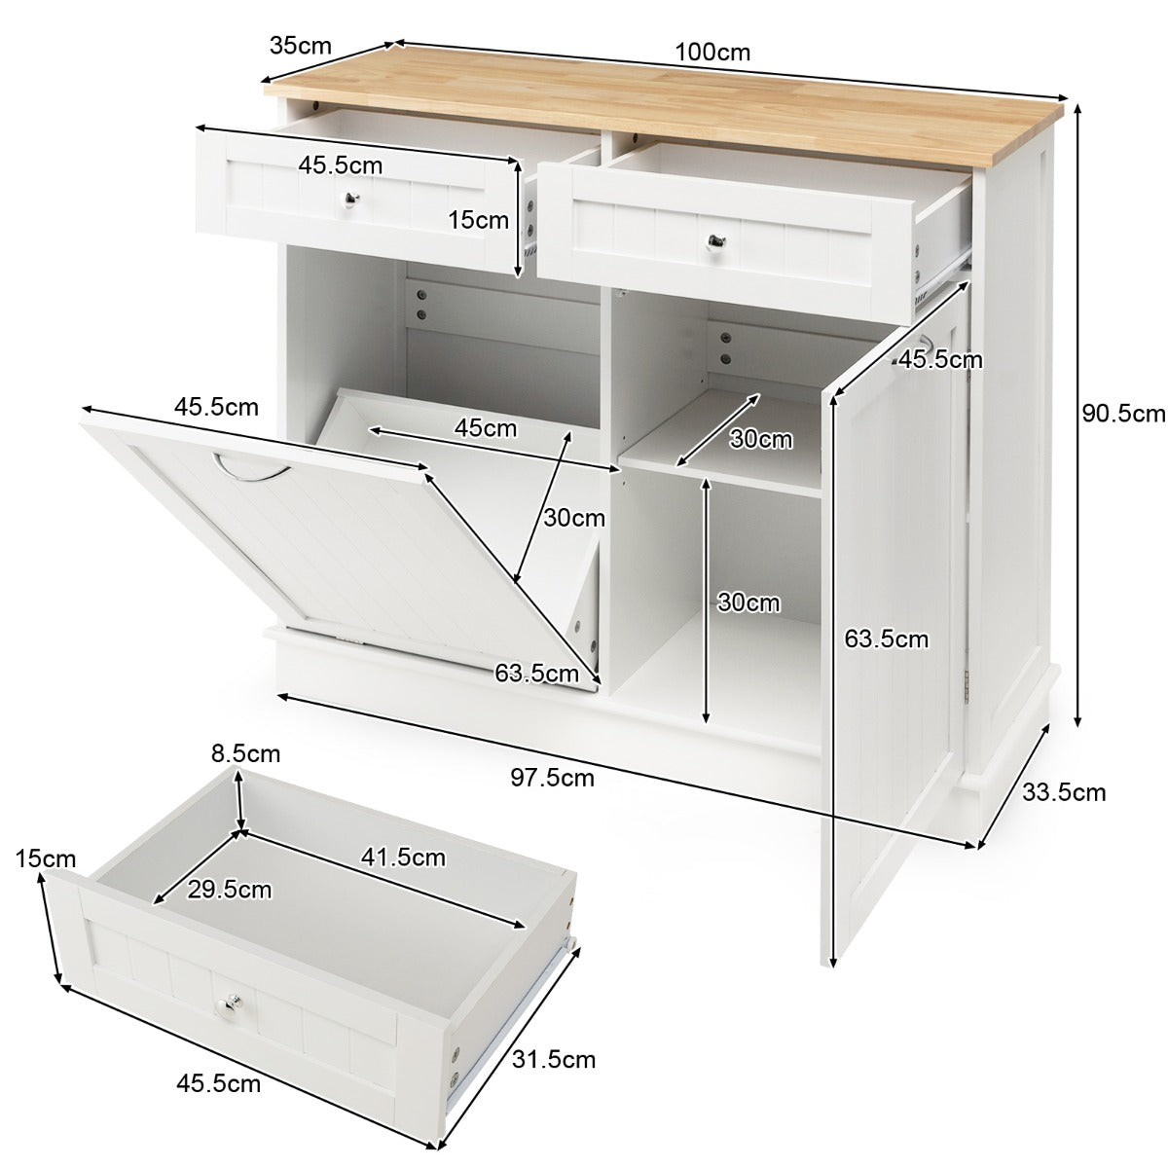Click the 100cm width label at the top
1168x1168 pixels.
point(716,52)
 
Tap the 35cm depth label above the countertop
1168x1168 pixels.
point(301,45)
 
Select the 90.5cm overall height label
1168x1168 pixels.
point(1123,414)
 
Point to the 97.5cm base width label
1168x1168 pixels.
point(552,777)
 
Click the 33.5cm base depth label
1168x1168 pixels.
point(1064,792)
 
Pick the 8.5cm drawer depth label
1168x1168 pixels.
point(245,753)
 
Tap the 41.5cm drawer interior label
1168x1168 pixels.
point(403,857)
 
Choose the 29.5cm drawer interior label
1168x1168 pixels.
point(229,889)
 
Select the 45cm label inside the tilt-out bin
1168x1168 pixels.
point(486,427)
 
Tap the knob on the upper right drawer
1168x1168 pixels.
point(715,239)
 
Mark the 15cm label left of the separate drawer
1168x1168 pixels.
point(46,858)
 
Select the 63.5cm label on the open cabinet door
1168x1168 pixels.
point(886,639)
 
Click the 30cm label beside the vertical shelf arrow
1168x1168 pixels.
point(748,602)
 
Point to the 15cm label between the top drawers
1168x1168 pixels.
point(479,220)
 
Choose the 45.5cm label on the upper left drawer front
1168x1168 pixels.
point(341,165)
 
